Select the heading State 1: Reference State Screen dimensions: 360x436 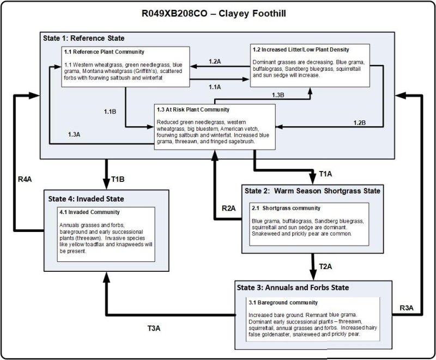[83, 39]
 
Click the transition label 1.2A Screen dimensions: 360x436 [216, 60]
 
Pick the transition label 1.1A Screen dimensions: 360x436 [215, 87]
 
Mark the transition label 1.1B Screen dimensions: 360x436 [110, 112]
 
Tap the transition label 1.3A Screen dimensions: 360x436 [75, 134]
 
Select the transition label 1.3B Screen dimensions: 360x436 [277, 95]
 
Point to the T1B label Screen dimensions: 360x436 [119, 178]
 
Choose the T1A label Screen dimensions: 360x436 [325, 174]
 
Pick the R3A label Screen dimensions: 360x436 [407, 308]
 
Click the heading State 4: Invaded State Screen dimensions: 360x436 [84, 199]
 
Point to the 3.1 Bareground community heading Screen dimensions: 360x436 [284, 302]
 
